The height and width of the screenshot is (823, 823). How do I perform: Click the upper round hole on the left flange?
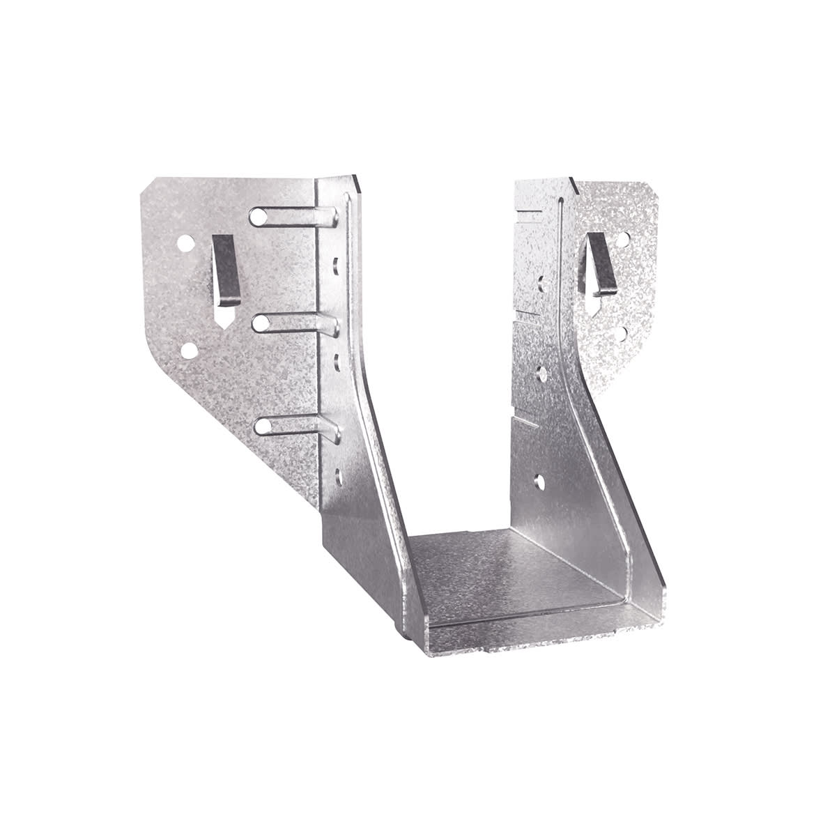(x=186, y=244)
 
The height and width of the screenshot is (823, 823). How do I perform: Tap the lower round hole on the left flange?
(x=189, y=349)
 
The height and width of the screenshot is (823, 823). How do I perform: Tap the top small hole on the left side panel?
(x=337, y=265)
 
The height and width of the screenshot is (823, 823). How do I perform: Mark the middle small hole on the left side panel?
(x=337, y=360)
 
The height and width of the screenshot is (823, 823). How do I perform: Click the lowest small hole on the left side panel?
(x=339, y=477)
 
